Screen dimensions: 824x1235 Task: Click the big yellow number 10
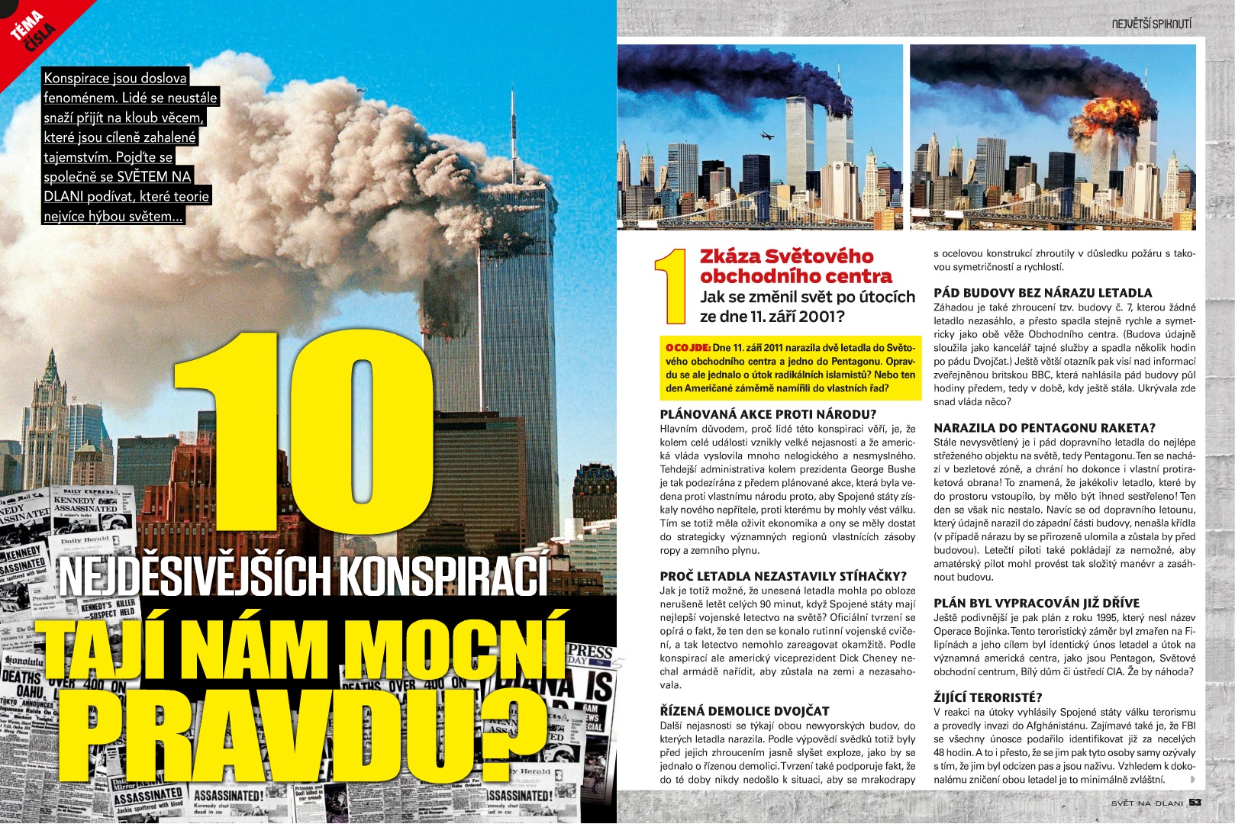coord(305,435)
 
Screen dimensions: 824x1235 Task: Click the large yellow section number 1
coord(670,286)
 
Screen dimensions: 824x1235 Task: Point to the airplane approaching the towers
coord(766,136)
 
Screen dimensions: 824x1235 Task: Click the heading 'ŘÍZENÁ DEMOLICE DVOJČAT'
coord(744,711)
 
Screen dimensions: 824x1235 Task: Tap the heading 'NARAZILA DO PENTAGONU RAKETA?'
coord(1044,428)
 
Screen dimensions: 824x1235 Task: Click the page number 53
coord(1195,802)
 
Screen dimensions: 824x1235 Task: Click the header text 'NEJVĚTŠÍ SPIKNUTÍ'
coord(1151,24)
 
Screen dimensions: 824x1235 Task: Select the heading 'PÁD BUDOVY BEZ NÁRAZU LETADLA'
coord(1043,293)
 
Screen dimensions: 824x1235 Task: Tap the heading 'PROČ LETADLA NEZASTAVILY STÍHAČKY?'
coord(783,576)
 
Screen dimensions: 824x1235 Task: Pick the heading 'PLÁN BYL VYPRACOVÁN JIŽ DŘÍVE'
coord(1036,603)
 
